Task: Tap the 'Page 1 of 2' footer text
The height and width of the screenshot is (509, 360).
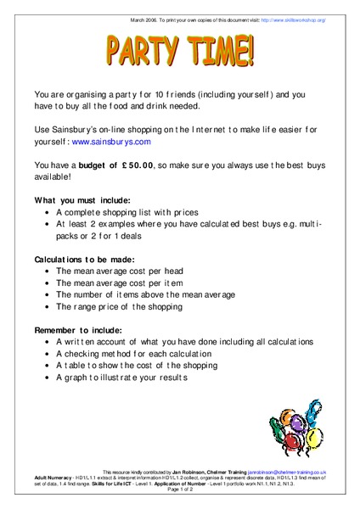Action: point(180,490)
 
